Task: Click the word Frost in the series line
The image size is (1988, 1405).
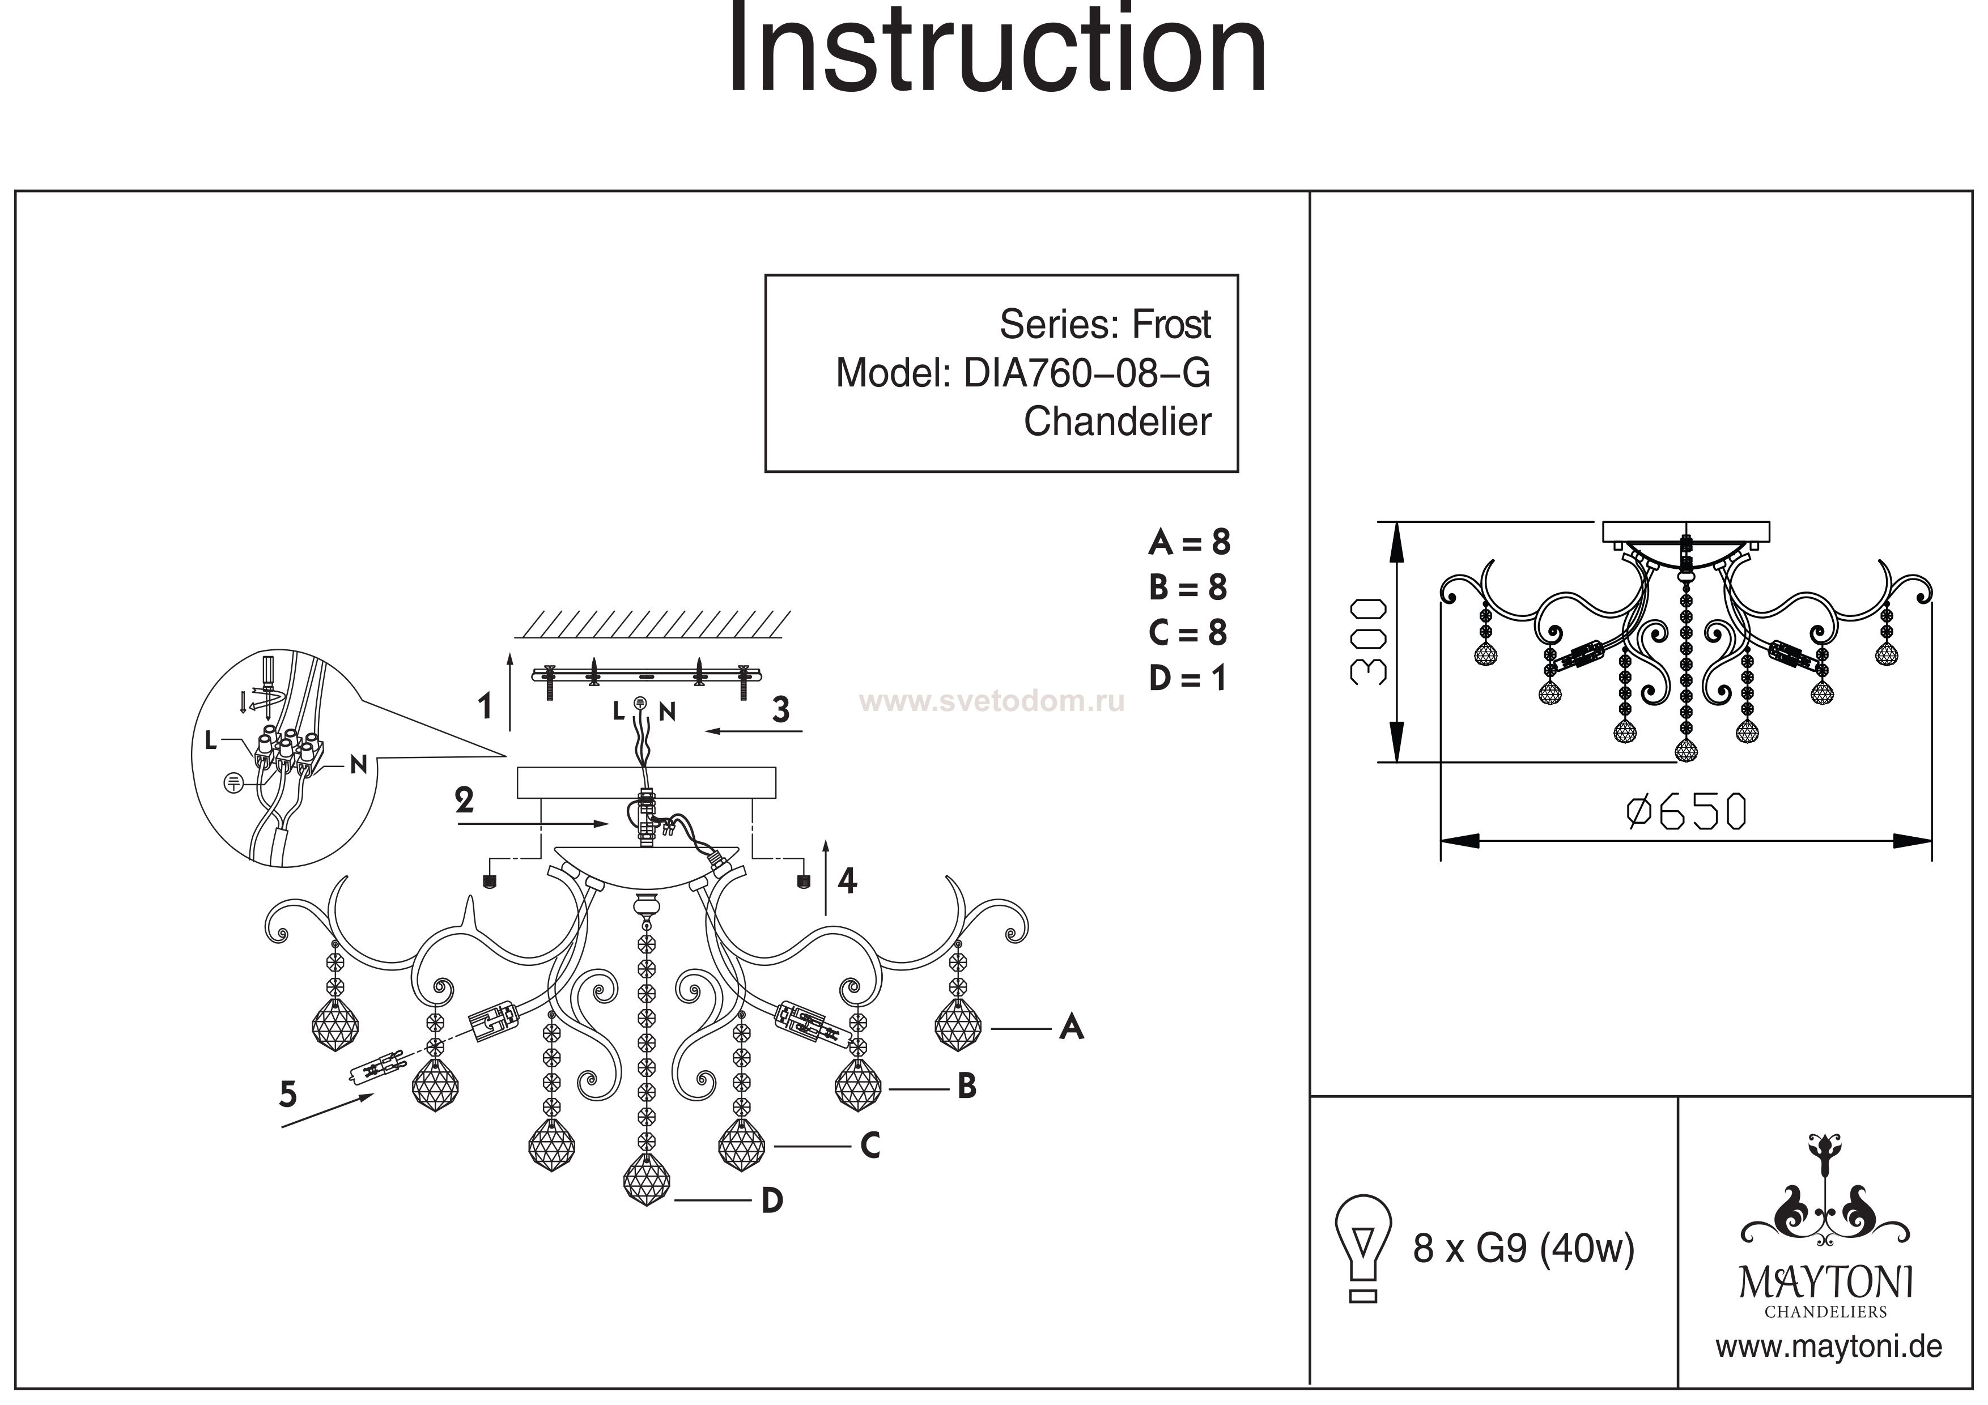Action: pos(1171,325)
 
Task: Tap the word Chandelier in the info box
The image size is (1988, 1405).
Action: pos(1117,423)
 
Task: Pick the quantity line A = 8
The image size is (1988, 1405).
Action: pos(1189,543)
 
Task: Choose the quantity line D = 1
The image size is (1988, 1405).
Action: pos(1187,679)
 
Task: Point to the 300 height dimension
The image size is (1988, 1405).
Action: pos(1369,641)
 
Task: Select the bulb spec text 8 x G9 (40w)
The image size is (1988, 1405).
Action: pos(1523,1248)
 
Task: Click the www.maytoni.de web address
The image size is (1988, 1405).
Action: pos(1828,1348)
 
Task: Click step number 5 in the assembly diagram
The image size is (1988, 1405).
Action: pos(288,1095)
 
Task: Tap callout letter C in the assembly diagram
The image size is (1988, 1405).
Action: pos(870,1146)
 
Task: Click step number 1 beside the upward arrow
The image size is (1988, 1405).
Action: pos(485,706)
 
